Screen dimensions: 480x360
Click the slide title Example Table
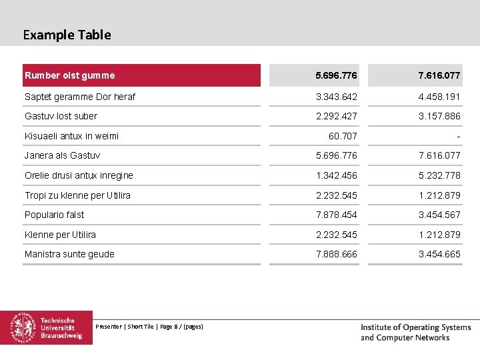(67, 35)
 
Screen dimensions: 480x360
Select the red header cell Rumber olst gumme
(141, 75)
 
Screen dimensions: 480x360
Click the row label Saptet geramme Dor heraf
(80, 97)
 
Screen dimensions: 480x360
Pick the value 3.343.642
(337, 97)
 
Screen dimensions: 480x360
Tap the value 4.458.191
(439, 97)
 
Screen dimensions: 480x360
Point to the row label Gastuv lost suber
(61, 116)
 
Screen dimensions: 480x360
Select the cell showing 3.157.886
(439, 116)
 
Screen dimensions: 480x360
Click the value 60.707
(343, 136)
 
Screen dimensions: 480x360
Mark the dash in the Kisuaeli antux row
(458, 137)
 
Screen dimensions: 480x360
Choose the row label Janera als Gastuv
(63, 155)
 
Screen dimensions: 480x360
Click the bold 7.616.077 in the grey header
(439, 75)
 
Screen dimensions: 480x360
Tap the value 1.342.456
(337, 175)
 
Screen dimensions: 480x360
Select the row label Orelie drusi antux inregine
(79, 175)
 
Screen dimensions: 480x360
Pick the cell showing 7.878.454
(337, 215)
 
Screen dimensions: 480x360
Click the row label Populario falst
(54, 215)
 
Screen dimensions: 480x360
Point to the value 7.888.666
(337, 254)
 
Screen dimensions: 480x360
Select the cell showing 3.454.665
(439, 254)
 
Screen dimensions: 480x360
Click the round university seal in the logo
(23, 327)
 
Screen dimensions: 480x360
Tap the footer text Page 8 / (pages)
(181, 327)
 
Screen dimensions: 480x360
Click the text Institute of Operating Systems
(416, 327)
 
